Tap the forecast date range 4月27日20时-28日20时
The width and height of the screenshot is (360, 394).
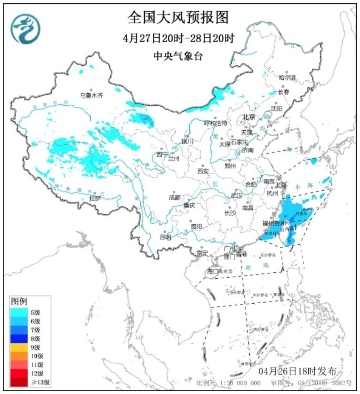178,38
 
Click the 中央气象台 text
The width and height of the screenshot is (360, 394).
178,56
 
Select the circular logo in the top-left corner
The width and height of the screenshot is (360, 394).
26,28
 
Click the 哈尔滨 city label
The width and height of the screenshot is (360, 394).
287,78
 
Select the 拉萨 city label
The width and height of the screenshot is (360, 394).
94,198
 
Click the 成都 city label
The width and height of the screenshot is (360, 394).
174,197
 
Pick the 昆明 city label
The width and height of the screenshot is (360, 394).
166,236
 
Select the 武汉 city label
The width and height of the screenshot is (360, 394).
237,195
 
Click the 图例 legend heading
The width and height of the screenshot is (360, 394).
20,301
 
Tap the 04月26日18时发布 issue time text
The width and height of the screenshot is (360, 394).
297,371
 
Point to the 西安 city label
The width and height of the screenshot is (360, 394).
202,171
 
